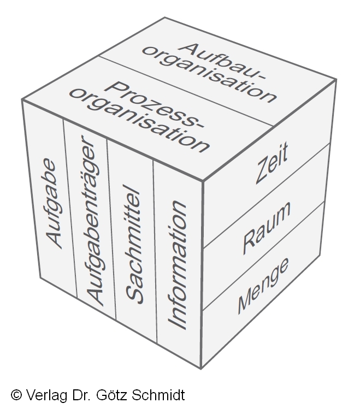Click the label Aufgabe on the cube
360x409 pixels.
52,203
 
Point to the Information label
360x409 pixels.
178,265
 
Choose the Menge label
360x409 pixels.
263,284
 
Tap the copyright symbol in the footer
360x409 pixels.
16,395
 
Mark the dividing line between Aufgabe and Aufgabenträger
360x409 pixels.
69,213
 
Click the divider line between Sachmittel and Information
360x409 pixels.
155,251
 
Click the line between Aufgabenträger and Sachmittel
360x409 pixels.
111,229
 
